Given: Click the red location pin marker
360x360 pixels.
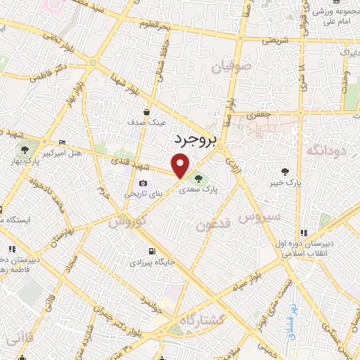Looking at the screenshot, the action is tap(181, 166).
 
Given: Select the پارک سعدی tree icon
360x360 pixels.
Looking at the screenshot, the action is tap(198, 178).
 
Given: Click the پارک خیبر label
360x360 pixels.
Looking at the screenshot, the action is tap(283, 184).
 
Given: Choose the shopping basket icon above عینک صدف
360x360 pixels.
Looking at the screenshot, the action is tap(146, 112).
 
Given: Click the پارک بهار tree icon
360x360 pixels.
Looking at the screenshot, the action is tap(25, 149).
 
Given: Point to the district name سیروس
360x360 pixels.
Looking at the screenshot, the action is tap(264, 217).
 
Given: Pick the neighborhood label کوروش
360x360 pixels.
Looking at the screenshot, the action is tap(127, 221).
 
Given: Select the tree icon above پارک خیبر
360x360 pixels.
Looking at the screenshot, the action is tap(285, 171).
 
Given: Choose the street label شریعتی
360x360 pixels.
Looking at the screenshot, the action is tap(276, 41).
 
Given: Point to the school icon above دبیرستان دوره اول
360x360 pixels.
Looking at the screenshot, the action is tap(304, 233).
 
